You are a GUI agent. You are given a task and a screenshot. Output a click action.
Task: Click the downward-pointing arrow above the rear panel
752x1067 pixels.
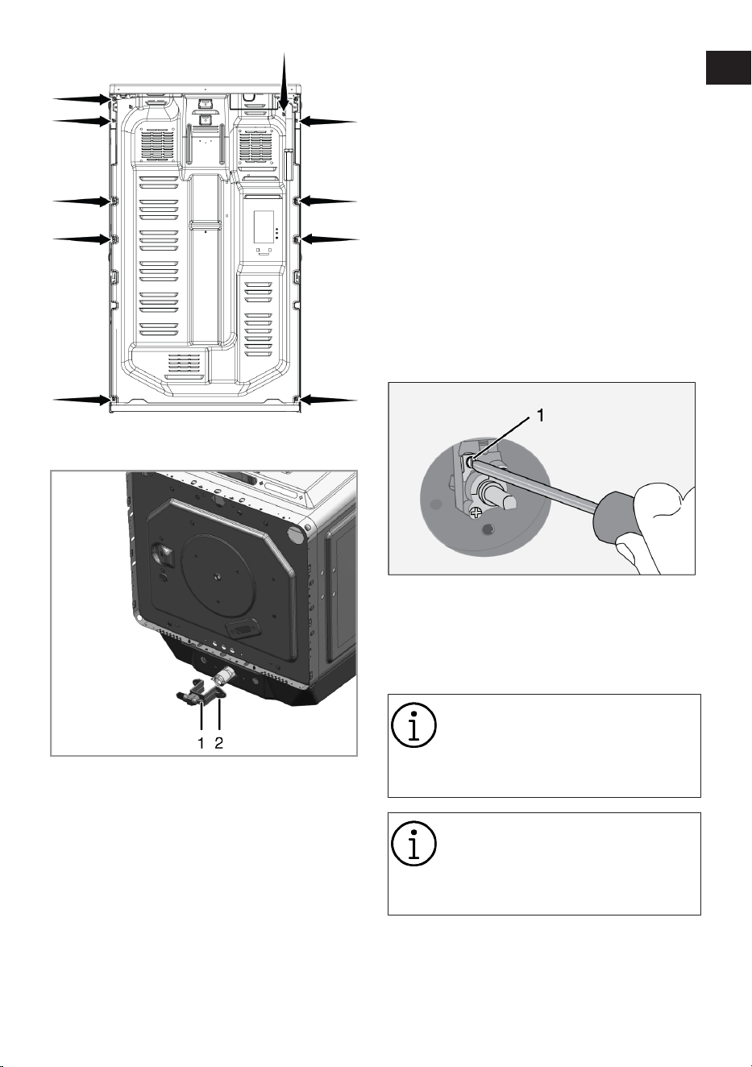click(x=285, y=83)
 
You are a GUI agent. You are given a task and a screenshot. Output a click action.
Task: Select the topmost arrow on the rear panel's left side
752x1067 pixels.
click(x=82, y=98)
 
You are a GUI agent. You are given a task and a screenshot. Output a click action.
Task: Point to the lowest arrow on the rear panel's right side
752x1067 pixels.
click(x=328, y=400)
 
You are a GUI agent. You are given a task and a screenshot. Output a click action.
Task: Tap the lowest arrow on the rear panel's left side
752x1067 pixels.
click(x=82, y=399)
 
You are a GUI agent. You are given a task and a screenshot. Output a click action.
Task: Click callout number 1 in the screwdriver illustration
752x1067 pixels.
click(x=540, y=416)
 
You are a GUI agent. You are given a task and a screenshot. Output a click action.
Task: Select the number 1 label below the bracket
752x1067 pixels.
click(x=202, y=742)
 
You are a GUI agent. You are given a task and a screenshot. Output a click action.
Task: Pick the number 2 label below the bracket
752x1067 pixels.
click(x=218, y=742)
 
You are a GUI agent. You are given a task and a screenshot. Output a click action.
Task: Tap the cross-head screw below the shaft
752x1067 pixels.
click(x=475, y=513)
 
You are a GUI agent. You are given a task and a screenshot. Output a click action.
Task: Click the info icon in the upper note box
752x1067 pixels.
click(x=413, y=724)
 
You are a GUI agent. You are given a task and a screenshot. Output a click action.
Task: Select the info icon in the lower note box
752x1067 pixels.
click(x=413, y=843)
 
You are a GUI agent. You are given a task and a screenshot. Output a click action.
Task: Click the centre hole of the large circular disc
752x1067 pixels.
click(x=218, y=576)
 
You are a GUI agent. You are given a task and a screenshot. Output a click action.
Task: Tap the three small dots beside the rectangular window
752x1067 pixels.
click(x=277, y=233)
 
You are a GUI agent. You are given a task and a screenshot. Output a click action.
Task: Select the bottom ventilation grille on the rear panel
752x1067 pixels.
click(x=185, y=366)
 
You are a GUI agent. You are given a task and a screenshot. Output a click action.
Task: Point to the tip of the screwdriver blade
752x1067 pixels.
click(x=471, y=461)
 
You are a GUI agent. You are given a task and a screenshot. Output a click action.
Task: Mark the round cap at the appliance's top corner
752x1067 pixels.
click(x=296, y=534)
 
